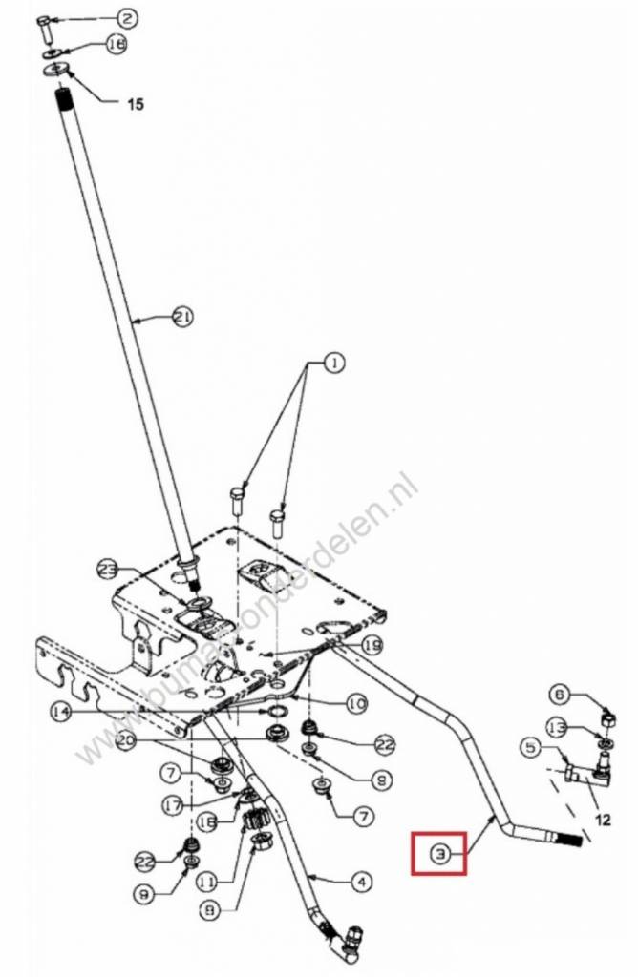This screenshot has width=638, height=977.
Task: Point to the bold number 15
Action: point(136,104)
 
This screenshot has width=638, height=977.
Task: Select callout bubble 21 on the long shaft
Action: point(181,317)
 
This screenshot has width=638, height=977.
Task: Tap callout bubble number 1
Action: point(335,363)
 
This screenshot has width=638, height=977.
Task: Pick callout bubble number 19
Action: point(372,646)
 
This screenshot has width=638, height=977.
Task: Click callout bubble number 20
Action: point(126,740)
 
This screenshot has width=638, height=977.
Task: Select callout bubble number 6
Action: point(560,694)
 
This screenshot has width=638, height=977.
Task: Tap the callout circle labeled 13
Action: point(560,727)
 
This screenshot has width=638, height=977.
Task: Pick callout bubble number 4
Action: point(359,883)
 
